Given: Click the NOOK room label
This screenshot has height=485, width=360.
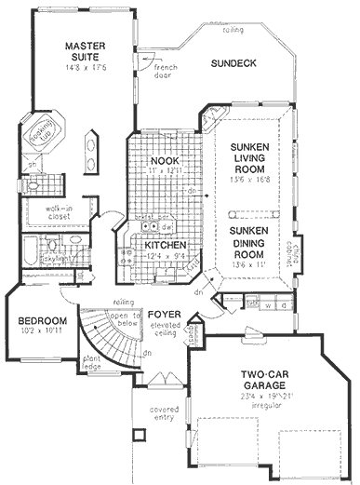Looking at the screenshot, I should coord(164,161).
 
